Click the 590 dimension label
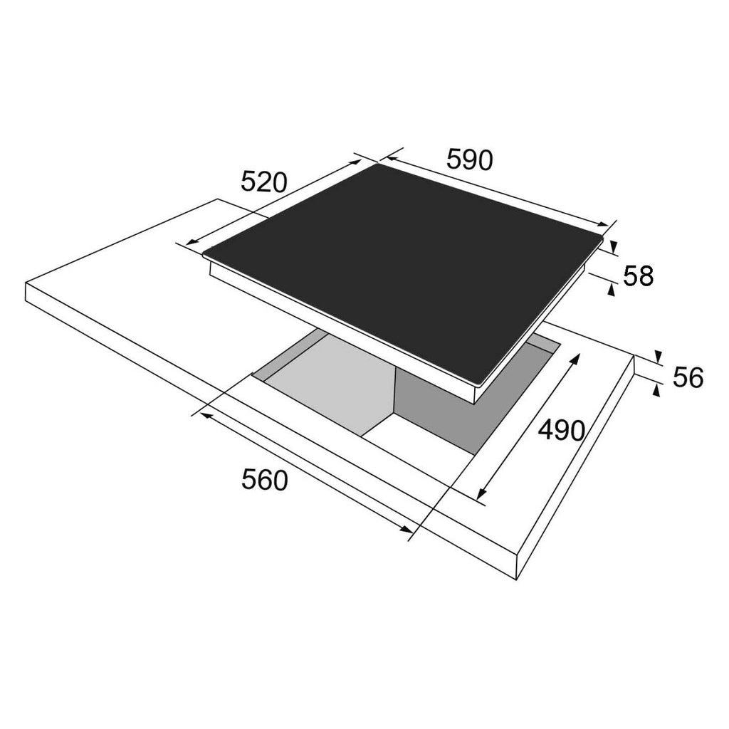click(469, 159)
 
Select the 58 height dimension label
click(638, 276)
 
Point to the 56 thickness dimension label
click(688, 377)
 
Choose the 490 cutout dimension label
click(561, 430)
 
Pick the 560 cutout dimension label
click(265, 480)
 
